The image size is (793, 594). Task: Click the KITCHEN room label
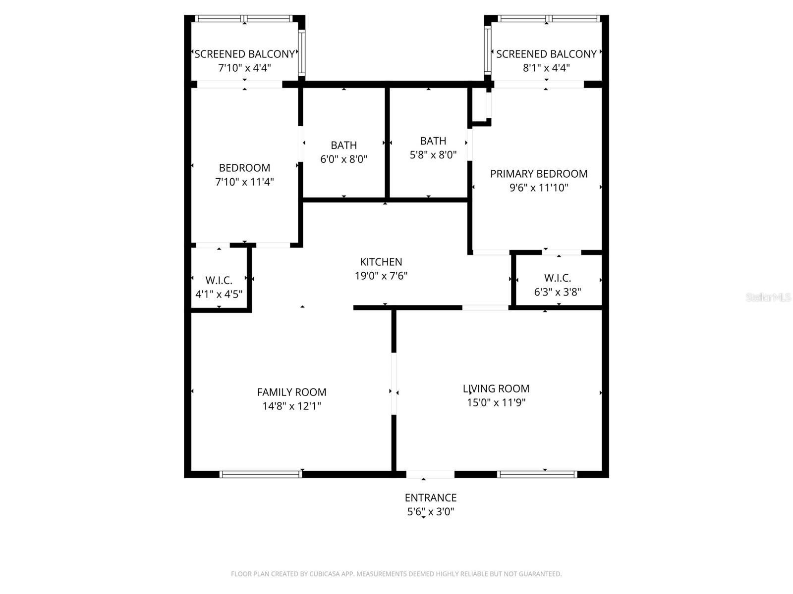click(x=381, y=262)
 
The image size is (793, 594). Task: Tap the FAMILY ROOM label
click(x=291, y=392)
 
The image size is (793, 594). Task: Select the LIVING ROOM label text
click(x=496, y=389)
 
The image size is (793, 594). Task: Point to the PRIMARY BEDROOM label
click(x=539, y=174)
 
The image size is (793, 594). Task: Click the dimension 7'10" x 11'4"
click(x=244, y=182)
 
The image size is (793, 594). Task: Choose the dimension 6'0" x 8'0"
click(x=343, y=159)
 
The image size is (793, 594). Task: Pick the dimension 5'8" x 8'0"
click(x=433, y=155)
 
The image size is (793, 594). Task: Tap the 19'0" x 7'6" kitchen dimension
click(x=381, y=276)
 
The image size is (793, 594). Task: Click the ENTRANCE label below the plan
click(x=430, y=497)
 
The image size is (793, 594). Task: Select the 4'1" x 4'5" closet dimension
click(x=219, y=294)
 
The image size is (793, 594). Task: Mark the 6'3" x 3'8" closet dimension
click(x=558, y=292)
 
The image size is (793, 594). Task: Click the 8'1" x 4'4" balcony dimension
click(x=546, y=68)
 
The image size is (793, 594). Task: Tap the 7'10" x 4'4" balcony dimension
click(x=244, y=68)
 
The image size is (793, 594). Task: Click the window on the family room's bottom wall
click(x=261, y=474)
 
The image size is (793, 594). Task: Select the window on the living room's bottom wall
click(x=537, y=474)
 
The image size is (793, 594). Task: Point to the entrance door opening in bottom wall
click(x=430, y=474)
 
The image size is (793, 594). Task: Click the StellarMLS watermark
click(x=768, y=297)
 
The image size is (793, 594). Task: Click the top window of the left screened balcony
click(x=244, y=19)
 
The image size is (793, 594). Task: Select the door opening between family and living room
click(x=394, y=384)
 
